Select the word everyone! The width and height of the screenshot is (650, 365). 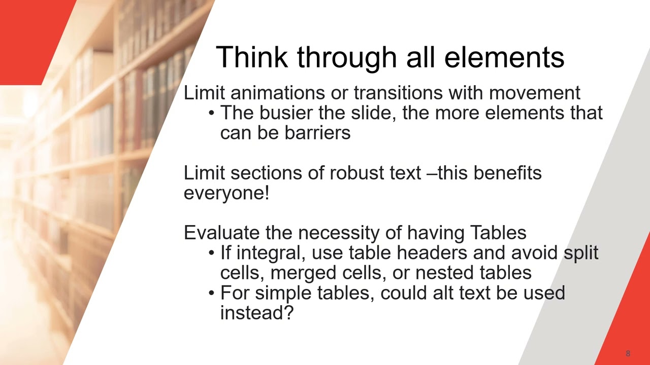pos(226,193)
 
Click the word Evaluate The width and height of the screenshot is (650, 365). pos(221,233)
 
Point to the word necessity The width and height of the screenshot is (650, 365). pos(343,233)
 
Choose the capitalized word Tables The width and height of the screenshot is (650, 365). pos(498,233)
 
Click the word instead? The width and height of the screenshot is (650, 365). pos(257,313)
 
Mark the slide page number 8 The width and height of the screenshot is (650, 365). pos(628,353)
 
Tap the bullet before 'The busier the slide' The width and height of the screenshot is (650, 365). pos(212,113)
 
